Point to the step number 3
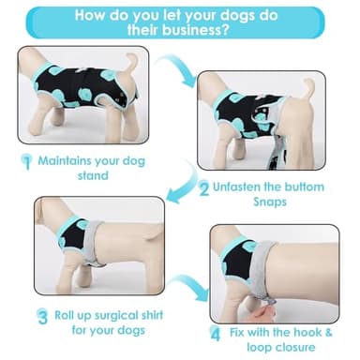43,315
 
